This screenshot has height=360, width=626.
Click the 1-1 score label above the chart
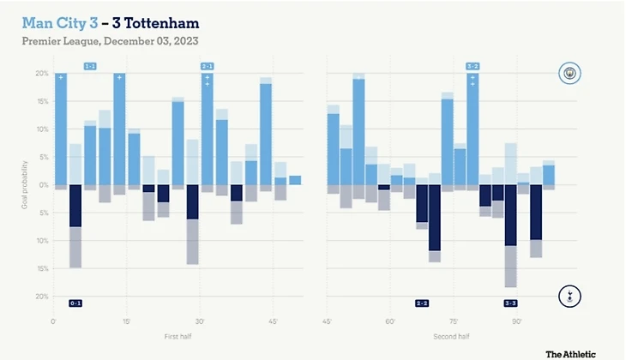90,66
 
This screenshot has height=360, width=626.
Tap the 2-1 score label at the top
208,66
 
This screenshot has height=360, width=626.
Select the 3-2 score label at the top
473,66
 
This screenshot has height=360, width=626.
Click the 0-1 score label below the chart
75,303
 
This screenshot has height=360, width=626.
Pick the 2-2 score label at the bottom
422,303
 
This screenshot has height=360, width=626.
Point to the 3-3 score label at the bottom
510,303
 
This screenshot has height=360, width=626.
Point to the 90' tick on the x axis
517,321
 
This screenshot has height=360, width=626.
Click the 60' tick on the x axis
390,321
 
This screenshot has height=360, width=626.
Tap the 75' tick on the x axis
453,321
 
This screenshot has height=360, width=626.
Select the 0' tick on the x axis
54,321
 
